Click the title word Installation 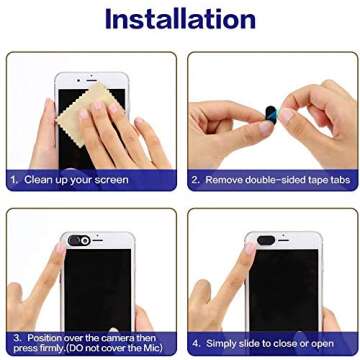click(x=180, y=19)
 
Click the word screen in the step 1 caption click(x=111, y=180)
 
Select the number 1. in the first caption click(x=14, y=180)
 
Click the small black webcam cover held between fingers click(x=271, y=115)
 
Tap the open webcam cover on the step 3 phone click(x=79, y=240)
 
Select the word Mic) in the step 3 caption click(x=153, y=348)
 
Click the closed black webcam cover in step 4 click(x=266, y=240)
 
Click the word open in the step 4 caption click(x=322, y=344)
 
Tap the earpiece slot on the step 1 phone click(x=92, y=81)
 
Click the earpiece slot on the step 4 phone click(x=284, y=240)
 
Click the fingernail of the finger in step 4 click(x=250, y=248)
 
